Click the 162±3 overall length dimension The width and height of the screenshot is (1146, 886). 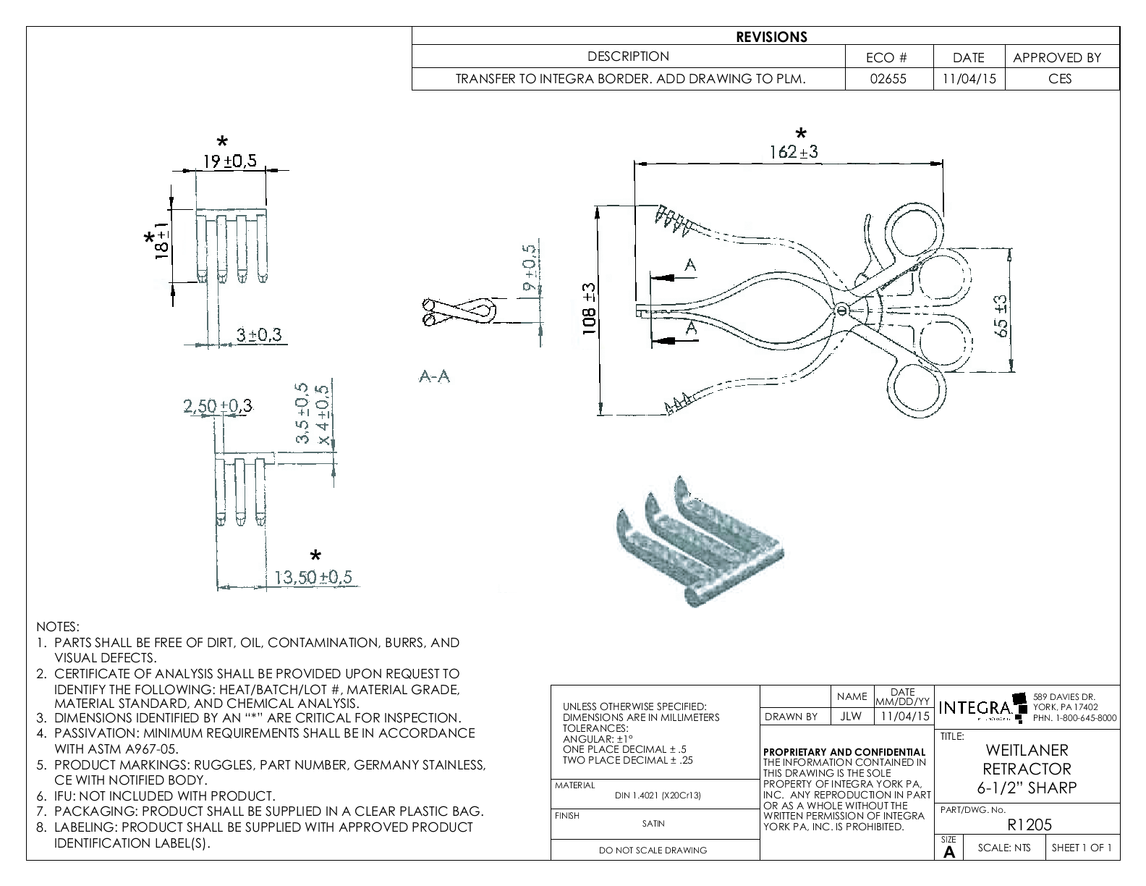(x=794, y=152)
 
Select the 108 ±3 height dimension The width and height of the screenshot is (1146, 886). (x=590, y=310)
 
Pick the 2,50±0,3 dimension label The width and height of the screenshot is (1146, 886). (x=217, y=406)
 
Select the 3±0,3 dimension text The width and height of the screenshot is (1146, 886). (x=259, y=334)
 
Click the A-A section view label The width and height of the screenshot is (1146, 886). (x=434, y=376)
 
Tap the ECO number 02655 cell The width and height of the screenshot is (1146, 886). (x=888, y=79)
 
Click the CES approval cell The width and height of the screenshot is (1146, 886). (x=1060, y=79)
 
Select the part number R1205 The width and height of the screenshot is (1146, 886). (x=1029, y=824)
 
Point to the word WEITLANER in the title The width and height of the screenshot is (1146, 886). (x=1027, y=751)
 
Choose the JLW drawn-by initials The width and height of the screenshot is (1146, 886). (x=851, y=717)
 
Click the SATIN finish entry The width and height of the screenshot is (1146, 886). (x=653, y=823)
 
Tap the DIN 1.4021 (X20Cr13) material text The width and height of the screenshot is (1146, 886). (x=658, y=795)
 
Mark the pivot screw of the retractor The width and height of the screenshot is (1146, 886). (x=841, y=311)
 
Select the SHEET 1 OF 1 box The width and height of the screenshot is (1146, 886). (x=1082, y=848)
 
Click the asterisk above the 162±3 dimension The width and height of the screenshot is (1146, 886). (x=800, y=134)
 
